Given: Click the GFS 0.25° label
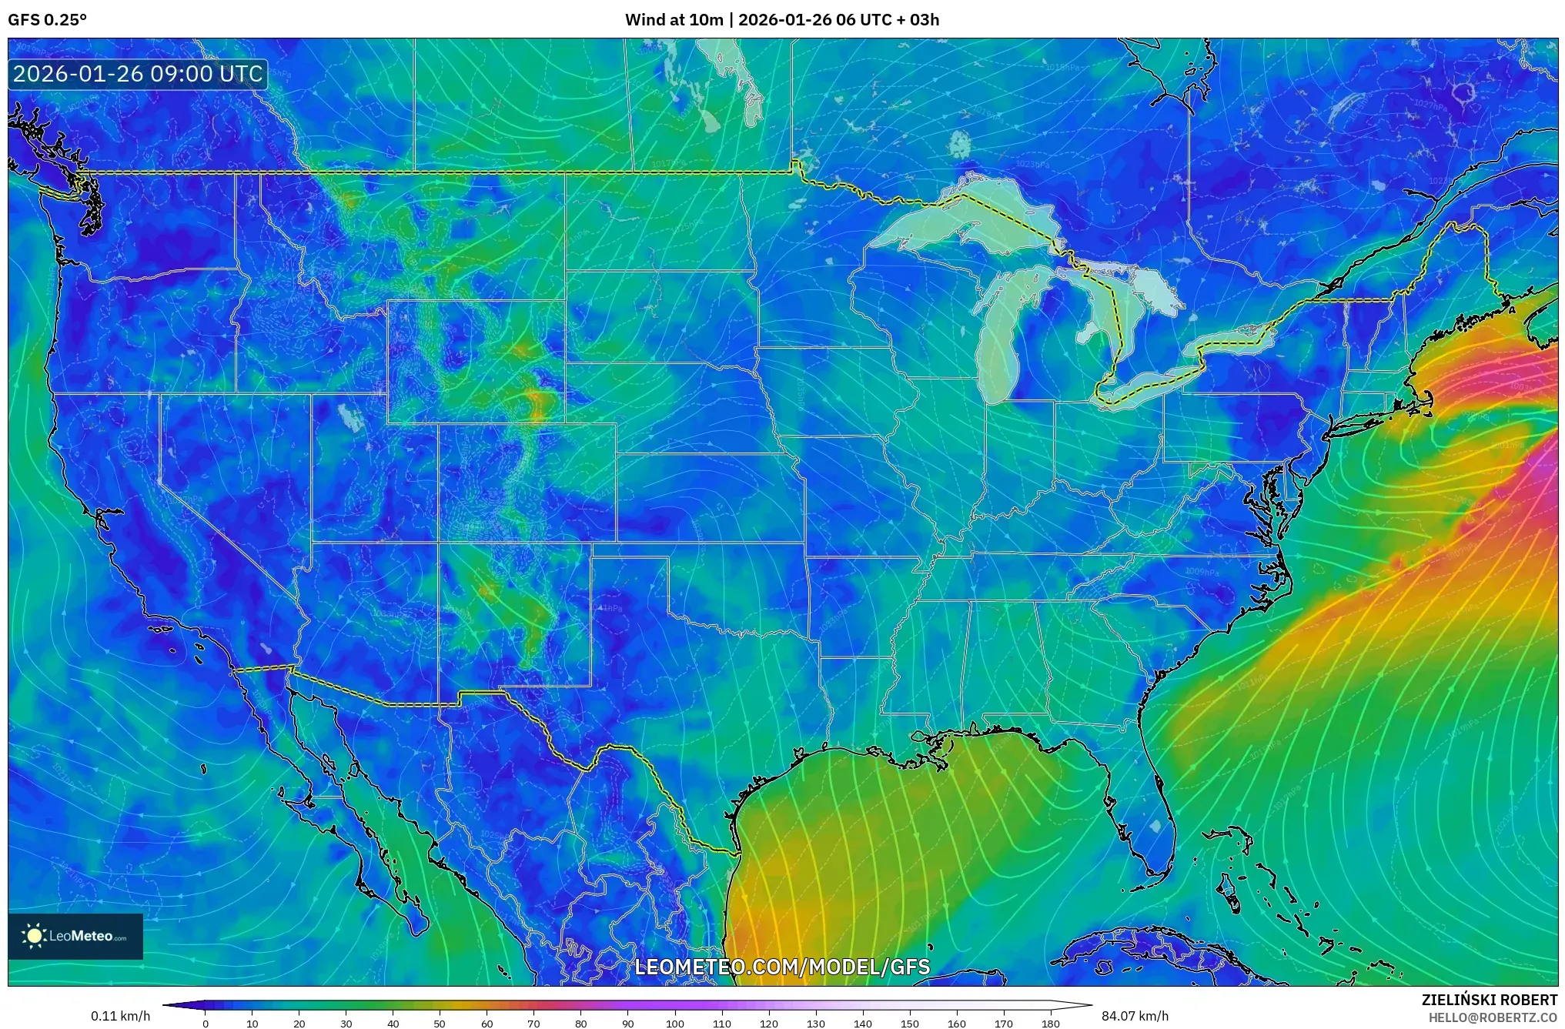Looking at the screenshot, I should click(47, 20).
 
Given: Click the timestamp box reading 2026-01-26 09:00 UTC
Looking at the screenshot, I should click(138, 74).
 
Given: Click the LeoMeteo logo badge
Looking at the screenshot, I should click(75, 936).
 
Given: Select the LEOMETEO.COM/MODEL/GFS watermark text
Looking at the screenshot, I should click(781, 967).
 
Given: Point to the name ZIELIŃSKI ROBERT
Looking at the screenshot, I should click(1489, 1000).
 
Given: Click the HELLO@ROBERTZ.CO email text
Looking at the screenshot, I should click(1493, 1017).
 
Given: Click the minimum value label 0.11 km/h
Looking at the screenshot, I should click(120, 1016).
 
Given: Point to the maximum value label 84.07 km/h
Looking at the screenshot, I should click(1135, 1016).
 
